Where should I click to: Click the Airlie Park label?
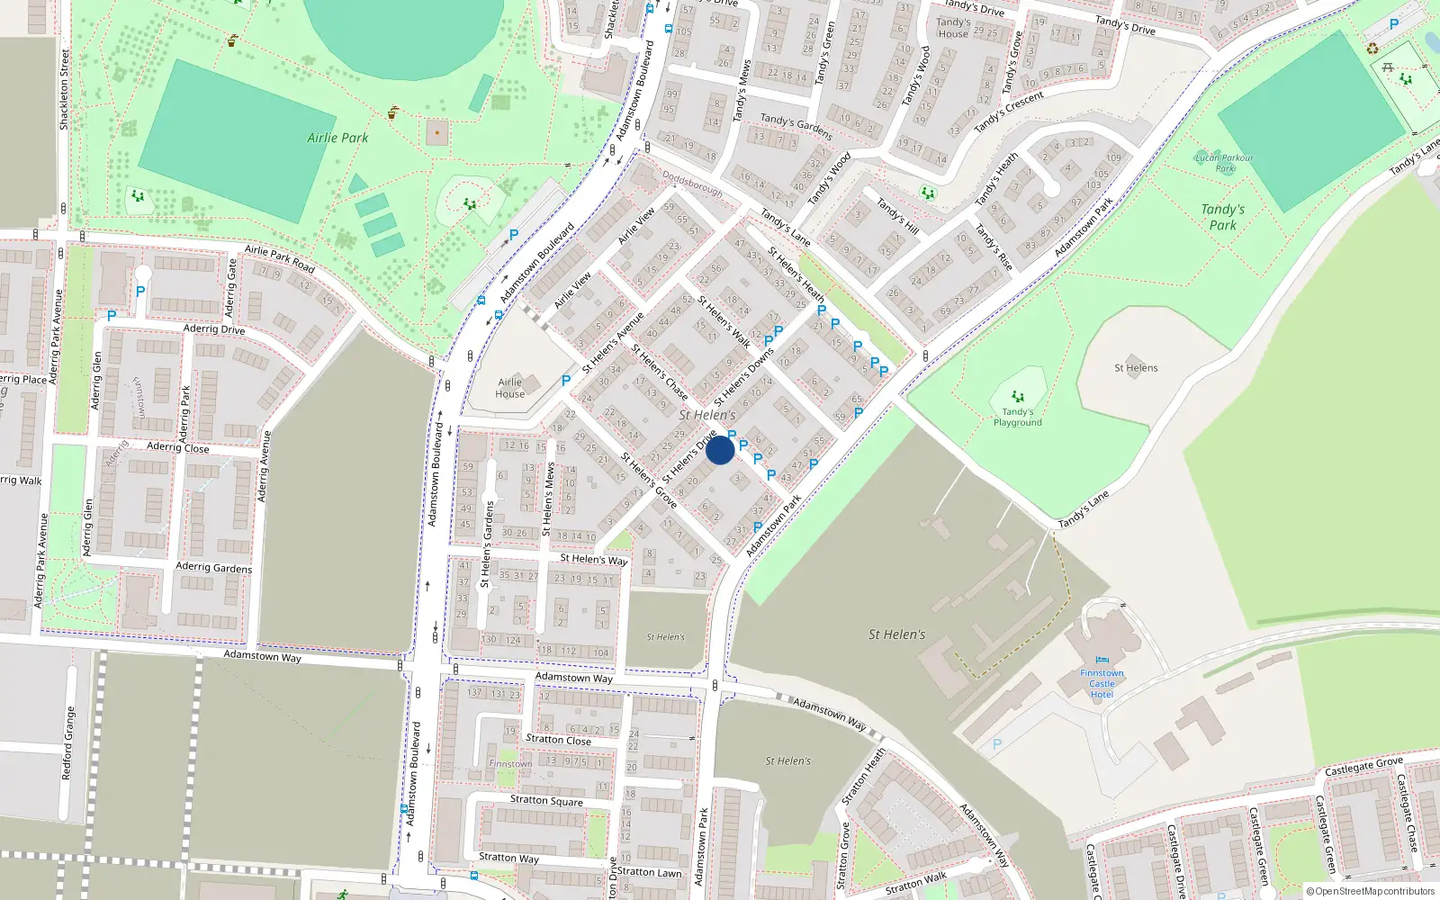pos(337,138)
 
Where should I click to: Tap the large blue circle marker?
pos(720,450)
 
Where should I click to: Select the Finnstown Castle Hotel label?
pos(1102,684)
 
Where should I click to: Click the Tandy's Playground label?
pos(1017,418)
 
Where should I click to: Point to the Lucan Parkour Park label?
pos(1224,163)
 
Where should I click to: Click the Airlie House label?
pos(509,388)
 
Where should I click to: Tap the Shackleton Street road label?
pos(65,90)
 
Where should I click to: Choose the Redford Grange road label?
pos(68,742)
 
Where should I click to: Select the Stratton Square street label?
pos(546,800)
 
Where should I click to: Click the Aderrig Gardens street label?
pos(214,567)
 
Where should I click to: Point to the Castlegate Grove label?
pos(1363,766)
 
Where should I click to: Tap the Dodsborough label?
pos(692,183)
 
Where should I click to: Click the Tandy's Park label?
pos(1222,217)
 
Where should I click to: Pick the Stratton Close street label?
pos(558,740)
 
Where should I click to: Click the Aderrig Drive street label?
pos(214,329)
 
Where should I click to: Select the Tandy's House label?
pos(953,28)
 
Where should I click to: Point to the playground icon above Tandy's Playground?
pos(1017,396)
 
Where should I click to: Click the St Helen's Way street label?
pos(593,560)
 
